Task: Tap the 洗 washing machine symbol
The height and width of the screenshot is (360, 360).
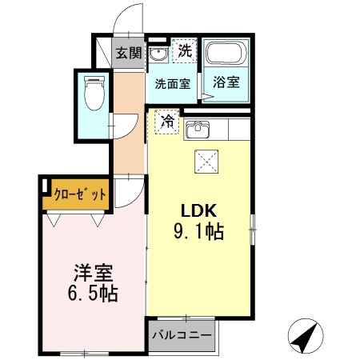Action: (185, 50)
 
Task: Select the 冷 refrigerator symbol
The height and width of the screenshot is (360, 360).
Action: (167, 122)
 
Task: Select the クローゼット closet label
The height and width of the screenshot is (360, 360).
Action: (79, 194)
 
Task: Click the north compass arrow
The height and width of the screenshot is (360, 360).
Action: (302, 337)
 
